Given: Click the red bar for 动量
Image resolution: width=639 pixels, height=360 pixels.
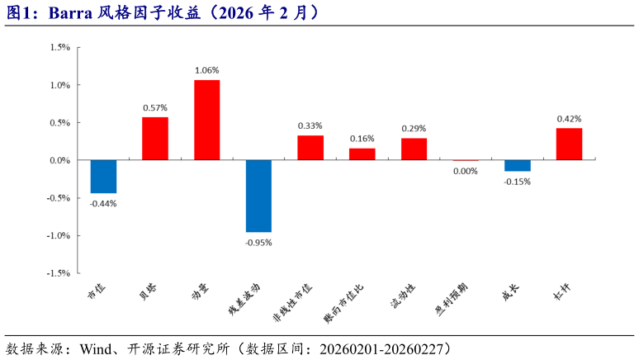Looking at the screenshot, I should point(206,120).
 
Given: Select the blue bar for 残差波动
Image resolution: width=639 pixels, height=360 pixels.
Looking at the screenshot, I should point(258,196).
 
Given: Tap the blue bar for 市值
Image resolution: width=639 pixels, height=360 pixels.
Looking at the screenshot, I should point(103,176).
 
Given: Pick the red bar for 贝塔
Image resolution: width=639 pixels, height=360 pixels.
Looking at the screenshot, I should point(155,138).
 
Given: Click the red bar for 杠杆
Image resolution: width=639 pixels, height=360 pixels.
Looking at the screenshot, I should point(569,144).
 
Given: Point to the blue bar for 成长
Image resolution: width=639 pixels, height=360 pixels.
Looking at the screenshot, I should point(518,165).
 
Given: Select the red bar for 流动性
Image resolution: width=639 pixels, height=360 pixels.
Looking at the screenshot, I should point(414,149).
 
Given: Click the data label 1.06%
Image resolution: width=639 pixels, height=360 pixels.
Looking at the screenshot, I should point(206,70).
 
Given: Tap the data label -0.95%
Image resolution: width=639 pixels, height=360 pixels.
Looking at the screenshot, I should point(258,243).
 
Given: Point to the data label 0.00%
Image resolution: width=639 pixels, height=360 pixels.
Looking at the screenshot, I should point(466,171).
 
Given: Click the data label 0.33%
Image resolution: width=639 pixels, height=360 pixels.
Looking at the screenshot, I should point(310,126).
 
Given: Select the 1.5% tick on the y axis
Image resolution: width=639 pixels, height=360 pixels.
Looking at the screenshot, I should point(59,47).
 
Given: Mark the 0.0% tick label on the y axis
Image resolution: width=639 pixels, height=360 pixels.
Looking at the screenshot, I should point(59,160).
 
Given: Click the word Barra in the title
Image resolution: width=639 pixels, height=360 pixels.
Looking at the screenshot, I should point(70,13).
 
